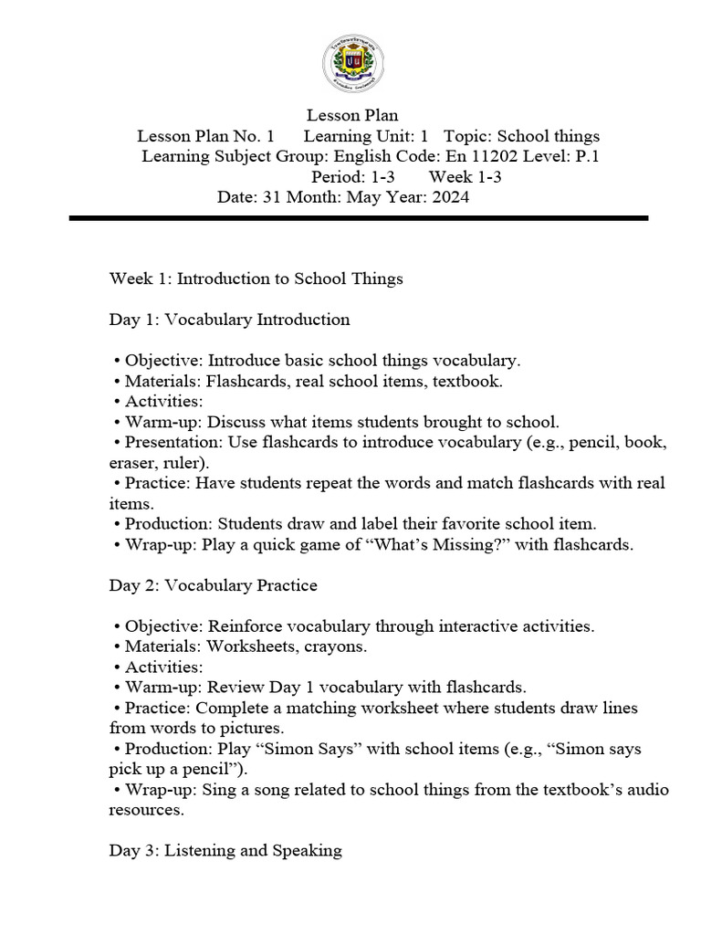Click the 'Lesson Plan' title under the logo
[351, 115]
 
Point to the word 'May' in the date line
[363, 197]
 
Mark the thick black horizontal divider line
[358, 218]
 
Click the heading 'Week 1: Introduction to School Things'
[256, 278]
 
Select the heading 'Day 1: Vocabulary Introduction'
[229, 320]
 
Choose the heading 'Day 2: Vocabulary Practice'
[213, 585]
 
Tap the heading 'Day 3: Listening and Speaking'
[225, 850]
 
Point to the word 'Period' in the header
[334, 177]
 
